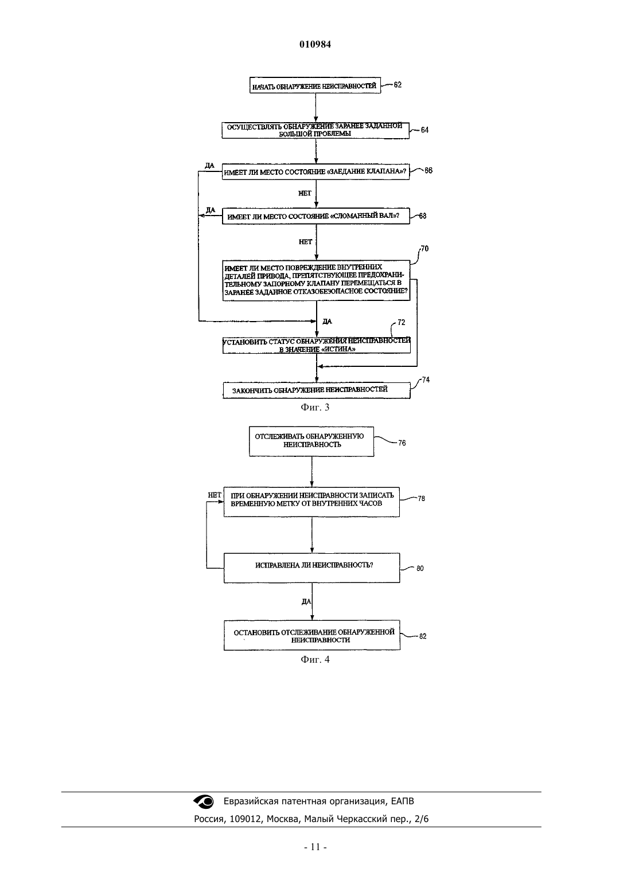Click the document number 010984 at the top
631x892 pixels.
point(315,44)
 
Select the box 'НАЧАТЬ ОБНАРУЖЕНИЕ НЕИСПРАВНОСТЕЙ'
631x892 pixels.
point(315,85)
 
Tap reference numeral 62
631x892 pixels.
point(398,85)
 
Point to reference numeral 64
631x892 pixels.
point(424,130)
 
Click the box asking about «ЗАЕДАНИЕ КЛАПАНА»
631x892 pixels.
point(315,171)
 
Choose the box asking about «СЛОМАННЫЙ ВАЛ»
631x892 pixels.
point(316,216)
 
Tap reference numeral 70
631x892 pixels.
point(424,248)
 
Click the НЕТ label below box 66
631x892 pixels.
point(305,193)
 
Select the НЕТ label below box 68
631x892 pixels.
point(306,242)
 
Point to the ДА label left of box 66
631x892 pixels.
point(209,165)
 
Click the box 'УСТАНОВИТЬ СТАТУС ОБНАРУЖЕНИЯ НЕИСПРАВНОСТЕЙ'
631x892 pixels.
point(316,345)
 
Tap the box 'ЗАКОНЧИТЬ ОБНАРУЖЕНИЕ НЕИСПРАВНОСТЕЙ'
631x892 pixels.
point(316,390)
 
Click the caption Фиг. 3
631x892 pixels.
point(315,407)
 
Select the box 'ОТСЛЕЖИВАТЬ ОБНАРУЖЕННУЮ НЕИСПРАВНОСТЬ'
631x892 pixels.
point(311,441)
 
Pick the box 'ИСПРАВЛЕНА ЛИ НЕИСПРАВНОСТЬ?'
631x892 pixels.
point(312,568)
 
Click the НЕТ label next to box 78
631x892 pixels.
point(215,495)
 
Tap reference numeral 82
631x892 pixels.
point(423,636)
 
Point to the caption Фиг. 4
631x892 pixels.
point(315,659)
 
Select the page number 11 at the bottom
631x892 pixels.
point(315,847)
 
